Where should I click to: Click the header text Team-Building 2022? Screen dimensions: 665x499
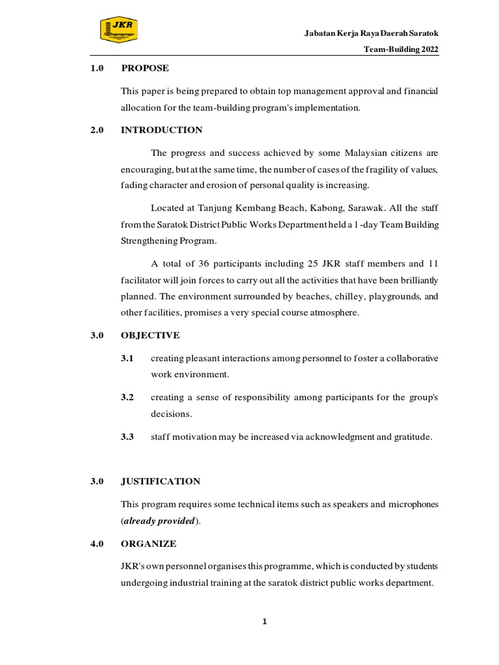point(401,49)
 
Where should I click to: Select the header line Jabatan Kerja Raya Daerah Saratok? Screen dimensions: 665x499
point(372,33)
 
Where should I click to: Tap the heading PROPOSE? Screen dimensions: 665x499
point(145,68)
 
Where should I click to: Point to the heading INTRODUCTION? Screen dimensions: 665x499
point(161,130)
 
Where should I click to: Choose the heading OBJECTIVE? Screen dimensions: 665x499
point(150,335)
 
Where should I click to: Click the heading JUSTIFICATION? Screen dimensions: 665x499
point(160,481)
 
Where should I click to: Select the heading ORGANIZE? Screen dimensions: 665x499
point(148,543)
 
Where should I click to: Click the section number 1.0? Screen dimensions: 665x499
point(97,68)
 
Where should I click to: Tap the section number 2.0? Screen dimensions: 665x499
point(97,130)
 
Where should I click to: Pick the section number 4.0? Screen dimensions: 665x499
point(97,543)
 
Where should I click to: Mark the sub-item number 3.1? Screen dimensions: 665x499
point(127,358)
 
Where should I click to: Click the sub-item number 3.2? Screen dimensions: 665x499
point(127,397)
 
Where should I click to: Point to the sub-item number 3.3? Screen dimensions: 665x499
point(127,437)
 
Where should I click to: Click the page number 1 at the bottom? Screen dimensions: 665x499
point(264,622)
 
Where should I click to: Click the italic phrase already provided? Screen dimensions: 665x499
point(159,521)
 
